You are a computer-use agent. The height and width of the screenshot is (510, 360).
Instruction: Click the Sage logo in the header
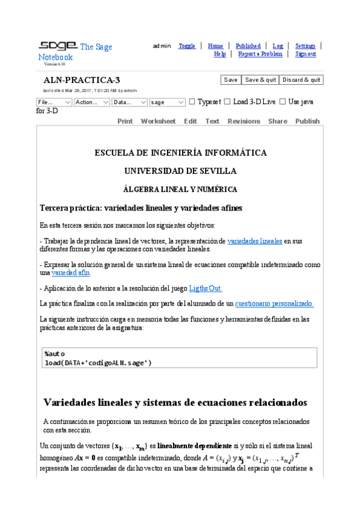58,46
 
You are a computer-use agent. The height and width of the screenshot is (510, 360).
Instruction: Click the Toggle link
187,46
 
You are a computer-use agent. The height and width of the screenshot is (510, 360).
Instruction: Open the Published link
248,46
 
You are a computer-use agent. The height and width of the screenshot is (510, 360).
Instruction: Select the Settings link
305,46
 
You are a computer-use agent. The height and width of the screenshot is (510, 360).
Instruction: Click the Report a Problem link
260,54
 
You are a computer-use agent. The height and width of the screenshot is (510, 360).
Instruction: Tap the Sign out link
305,54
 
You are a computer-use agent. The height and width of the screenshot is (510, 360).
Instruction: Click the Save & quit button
260,80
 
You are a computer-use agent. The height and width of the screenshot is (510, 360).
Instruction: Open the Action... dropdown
91,102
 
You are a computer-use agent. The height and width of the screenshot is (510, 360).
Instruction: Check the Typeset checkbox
192,102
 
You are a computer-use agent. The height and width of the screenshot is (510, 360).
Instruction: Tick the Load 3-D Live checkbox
227,102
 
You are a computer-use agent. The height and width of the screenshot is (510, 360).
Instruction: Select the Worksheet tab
158,121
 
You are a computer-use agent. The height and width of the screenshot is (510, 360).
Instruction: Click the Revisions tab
243,121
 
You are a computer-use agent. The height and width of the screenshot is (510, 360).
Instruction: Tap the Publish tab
307,121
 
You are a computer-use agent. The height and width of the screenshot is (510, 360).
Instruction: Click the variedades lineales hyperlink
255,241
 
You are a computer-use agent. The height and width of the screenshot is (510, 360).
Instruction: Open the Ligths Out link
206,288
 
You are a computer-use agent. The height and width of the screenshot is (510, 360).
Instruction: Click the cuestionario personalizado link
274,304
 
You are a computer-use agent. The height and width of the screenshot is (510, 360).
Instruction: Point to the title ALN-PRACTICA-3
82,80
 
